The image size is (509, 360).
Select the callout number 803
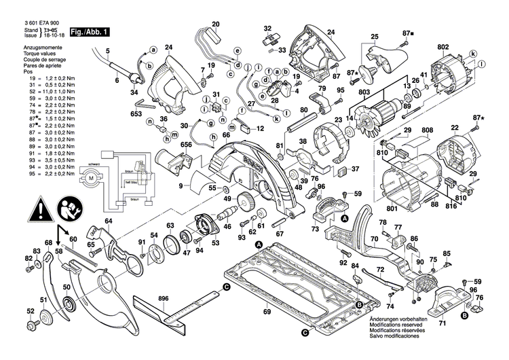click(x=364, y=92)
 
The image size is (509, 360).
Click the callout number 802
click(x=442, y=47)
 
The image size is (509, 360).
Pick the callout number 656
click(x=168, y=143)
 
